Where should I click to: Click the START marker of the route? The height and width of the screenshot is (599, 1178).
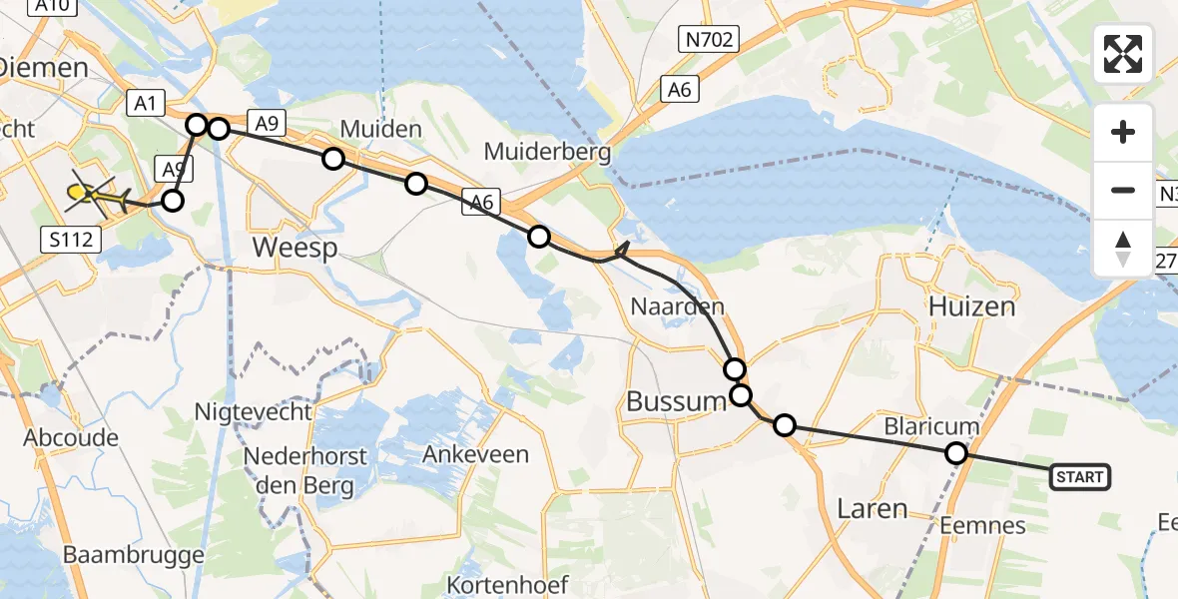click(x=1079, y=477)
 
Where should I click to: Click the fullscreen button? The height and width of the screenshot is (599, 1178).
click(x=1123, y=54)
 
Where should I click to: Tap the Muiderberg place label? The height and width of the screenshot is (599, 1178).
click(x=547, y=151)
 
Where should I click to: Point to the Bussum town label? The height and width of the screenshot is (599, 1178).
click(x=675, y=402)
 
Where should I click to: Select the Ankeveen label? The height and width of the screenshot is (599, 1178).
click(x=475, y=454)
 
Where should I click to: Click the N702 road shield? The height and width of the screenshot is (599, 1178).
click(x=709, y=41)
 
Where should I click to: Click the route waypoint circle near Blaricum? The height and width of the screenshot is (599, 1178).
click(x=956, y=454)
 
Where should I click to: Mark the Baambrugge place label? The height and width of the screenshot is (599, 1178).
click(x=133, y=554)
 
